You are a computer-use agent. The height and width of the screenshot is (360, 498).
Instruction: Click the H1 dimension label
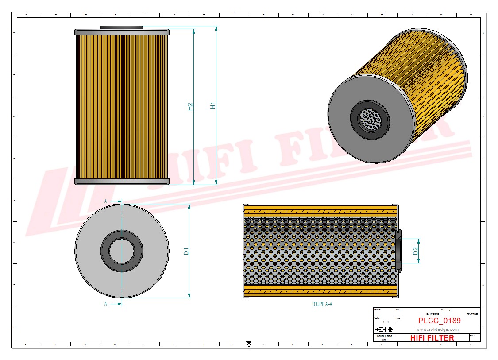click(x=212, y=106)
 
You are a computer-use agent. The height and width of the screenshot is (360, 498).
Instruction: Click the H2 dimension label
click(x=190, y=106)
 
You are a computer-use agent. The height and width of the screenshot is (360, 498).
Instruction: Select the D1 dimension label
click(x=186, y=251)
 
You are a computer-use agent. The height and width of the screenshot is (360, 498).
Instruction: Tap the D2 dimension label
click(x=415, y=251)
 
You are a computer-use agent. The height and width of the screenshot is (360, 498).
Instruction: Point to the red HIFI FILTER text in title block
click(x=432, y=338)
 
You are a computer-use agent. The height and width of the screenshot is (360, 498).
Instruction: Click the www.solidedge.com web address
click(x=437, y=329)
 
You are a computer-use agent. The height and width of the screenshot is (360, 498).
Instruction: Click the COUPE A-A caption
click(x=322, y=304)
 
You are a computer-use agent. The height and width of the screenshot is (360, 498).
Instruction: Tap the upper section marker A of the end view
click(x=106, y=201)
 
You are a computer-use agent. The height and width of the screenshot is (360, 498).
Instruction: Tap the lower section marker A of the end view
click(x=105, y=304)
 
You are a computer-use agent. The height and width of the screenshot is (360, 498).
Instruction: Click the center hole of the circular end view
click(x=122, y=251)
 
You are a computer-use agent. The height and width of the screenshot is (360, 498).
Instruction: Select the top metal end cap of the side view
click(x=122, y=32)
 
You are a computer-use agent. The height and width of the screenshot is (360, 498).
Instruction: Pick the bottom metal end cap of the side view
click(x=122, y=182)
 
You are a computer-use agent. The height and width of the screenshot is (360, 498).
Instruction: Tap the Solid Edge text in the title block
click(x=383, y=336)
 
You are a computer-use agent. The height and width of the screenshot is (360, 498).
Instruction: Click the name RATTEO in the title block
click(x=472, y=314)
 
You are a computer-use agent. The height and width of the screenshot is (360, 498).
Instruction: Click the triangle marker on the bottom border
click(x=249, y=344)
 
